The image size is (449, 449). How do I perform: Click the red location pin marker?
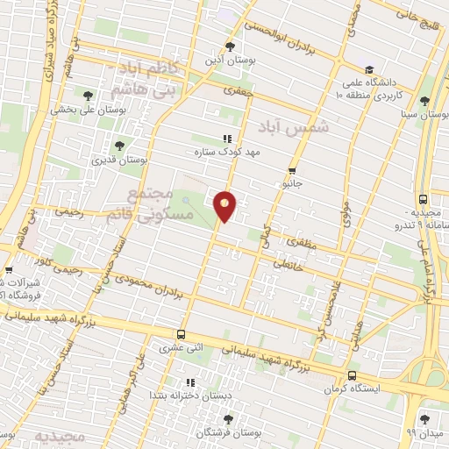pyautogui.click(x=225, y=205)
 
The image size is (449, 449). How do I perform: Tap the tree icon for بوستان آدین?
pyautogui.click(x=230, y=46)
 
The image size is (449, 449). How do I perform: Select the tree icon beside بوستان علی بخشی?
pyautogui.click(x=87, y=96)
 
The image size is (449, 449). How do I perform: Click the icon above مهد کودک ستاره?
pyautogui.click(x=228, y=138)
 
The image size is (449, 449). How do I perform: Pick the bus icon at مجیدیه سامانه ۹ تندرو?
pyautogui.click(x=424, y=200)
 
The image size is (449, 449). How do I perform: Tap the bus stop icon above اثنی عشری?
pyautogui.click(x=181, y=334)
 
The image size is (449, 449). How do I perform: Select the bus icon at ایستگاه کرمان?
pyautogui.click(x=352, y=374)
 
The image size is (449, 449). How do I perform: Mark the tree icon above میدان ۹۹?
pyautogui.click(x=425, y=419)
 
